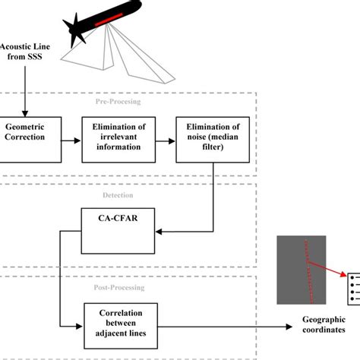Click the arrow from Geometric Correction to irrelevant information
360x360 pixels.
click(70, 140)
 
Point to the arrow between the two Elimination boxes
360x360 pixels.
click(165, 140)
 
